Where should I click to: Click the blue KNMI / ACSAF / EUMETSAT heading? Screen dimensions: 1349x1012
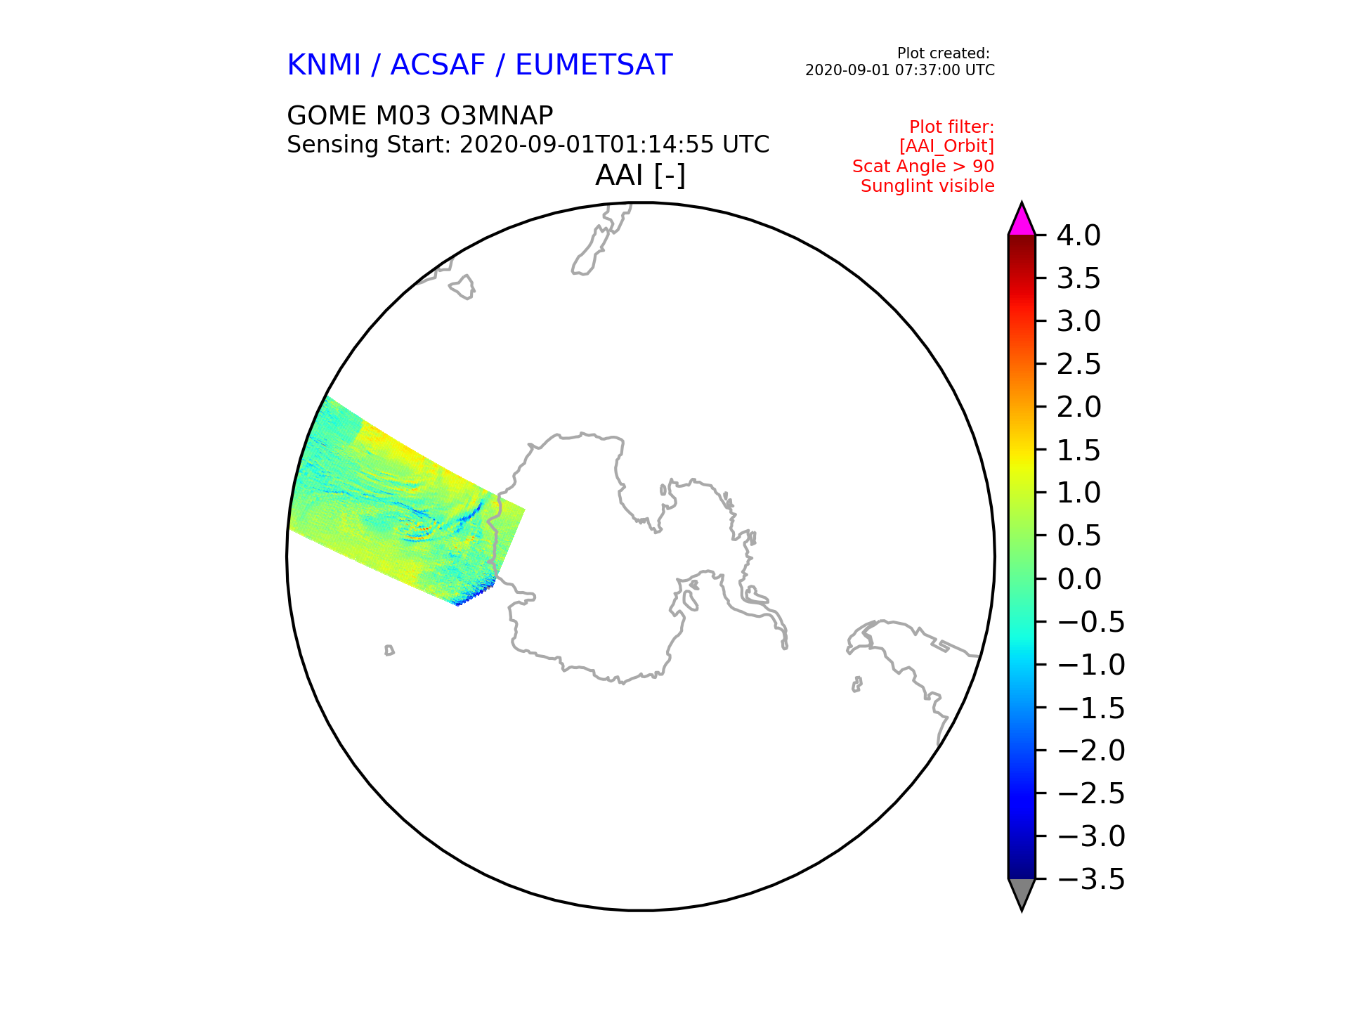480,65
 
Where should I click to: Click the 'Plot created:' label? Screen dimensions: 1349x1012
944,53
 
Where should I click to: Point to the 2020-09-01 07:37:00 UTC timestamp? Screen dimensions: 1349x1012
900,70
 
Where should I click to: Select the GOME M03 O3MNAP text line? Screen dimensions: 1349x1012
420,115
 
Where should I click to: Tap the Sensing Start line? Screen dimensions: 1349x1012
528,145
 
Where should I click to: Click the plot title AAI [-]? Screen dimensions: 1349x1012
640,175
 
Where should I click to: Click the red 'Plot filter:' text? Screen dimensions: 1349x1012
952,127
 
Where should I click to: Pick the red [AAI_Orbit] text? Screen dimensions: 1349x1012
947,146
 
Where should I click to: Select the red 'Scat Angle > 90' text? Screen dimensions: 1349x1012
923,167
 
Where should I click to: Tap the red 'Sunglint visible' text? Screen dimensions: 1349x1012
927,186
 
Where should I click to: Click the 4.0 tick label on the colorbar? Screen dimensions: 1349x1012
1078,235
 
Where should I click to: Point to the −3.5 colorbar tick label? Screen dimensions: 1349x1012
1091,879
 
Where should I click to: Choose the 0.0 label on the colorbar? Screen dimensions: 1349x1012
1078,579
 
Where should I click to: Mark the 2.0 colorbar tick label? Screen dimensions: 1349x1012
1078,407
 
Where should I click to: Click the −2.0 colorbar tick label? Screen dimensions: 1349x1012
1091,751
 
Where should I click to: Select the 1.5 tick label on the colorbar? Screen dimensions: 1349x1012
1078,450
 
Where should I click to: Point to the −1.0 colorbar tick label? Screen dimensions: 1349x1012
1091,665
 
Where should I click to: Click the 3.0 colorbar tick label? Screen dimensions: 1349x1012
1078,321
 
